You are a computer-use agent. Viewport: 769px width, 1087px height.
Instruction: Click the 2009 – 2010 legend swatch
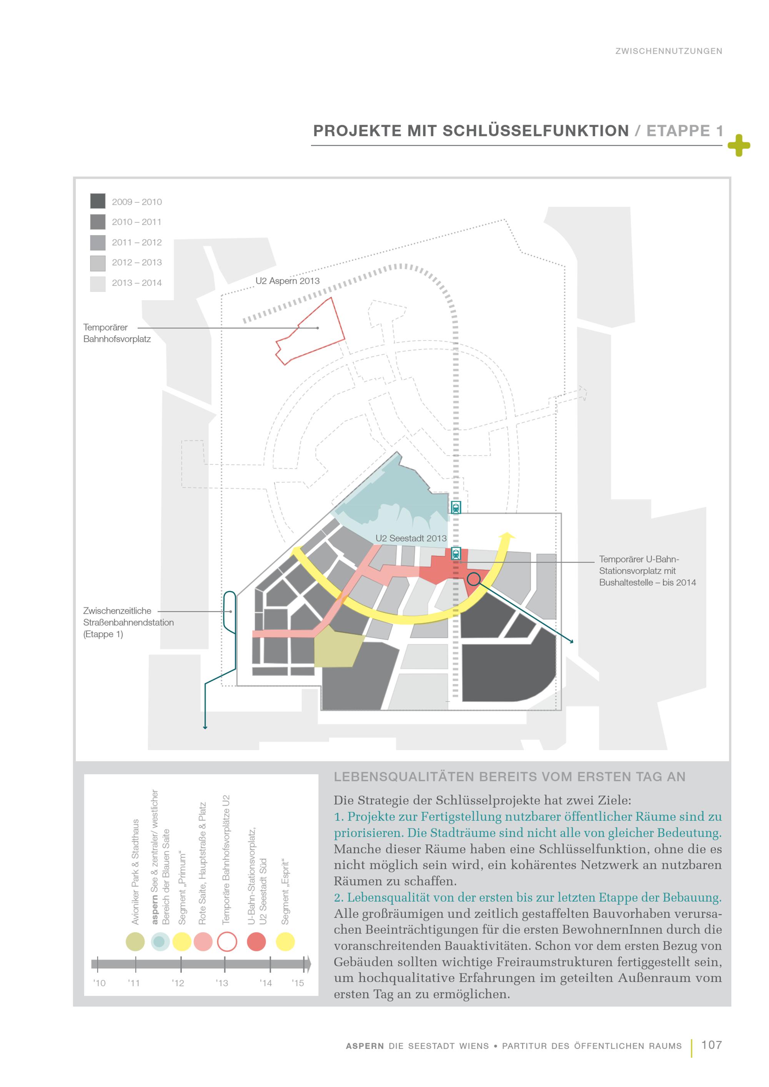click(98, 201)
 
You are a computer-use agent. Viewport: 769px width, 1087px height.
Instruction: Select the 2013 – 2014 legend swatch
click(98, 284)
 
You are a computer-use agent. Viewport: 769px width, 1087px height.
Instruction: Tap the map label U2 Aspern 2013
click(288, 281)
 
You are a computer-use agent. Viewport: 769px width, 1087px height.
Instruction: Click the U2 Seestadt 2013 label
click(411, 538)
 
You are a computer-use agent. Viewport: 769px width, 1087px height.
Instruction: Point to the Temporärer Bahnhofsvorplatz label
click(117, 333)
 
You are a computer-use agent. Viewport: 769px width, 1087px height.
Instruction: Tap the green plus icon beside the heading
click(738, 145)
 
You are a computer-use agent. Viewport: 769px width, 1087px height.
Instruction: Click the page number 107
click(711, 1045)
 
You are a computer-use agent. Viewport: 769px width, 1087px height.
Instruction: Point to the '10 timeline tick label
click(100, 983)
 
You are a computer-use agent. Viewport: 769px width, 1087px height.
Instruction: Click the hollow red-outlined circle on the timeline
click(227, 942)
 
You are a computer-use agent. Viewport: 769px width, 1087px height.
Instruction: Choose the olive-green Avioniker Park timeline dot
click(135, 942)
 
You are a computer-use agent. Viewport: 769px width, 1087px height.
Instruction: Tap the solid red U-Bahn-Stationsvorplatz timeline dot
click(256, 942)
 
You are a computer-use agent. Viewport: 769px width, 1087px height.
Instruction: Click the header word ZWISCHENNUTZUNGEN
click(668, 51)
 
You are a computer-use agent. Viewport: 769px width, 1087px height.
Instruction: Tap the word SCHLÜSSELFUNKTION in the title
click(536, 131)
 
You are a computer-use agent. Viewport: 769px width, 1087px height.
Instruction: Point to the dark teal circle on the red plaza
click(474, 578)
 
